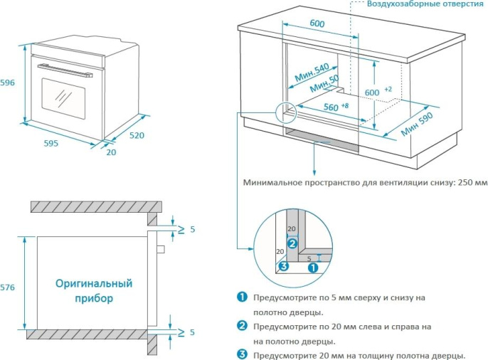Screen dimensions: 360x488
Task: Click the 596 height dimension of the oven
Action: (x=7, y=83)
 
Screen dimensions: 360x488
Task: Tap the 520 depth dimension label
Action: (x=137, y=134)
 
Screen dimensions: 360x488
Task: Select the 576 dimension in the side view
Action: (x=7, y=287)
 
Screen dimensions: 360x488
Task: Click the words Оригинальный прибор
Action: (x=94, y=291)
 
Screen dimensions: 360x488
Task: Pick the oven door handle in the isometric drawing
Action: (x=65, y=69)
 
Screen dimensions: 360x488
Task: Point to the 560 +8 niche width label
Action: (x=335, y=107)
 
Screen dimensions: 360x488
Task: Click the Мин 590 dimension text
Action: (x=416, y=124)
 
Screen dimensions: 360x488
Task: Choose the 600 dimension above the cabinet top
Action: (x=317, y=23)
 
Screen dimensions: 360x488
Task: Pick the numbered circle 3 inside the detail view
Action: (x=283, y=267)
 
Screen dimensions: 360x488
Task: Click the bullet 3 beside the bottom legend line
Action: (x=243, y=355)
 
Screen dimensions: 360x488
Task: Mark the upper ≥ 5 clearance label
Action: (x=186, y=229)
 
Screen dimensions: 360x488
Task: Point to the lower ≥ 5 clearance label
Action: (x=186, y=332)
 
